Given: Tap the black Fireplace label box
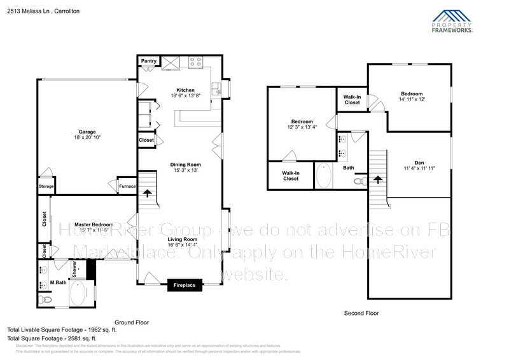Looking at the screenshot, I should (185, 286).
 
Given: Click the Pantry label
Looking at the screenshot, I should (149, 61).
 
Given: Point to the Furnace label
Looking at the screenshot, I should (127, 186).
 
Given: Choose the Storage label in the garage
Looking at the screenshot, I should (46, 186).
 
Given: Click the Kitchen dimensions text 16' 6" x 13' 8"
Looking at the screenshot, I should (185, 96).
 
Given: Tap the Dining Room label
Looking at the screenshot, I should (186, 165).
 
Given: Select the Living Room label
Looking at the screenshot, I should (183, 239).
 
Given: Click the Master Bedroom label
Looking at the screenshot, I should (94, 225).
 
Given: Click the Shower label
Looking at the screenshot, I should (74, 270).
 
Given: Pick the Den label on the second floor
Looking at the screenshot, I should (419, 162).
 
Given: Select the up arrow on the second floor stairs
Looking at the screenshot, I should (378, 181).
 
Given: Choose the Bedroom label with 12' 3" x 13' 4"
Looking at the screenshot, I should (302, 121).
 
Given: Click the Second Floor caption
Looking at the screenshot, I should (361, 313).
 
